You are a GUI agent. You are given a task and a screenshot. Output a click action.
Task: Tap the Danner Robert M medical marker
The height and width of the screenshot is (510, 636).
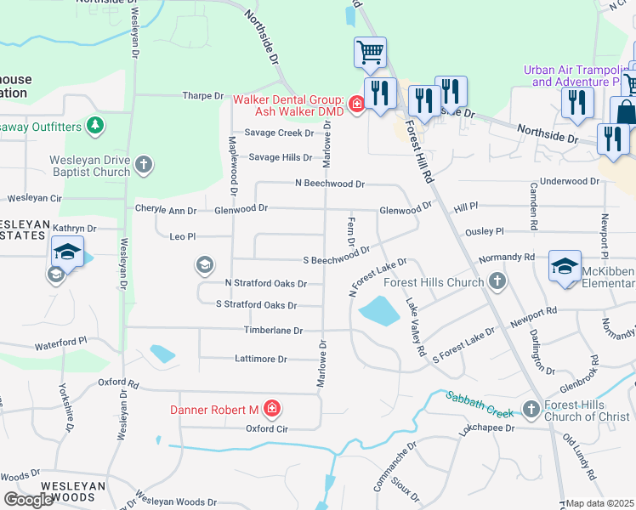pyautogui.click(x=271, y=410)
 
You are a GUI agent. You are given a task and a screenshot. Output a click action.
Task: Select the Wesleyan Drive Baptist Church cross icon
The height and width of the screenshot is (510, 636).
pyautogui.click(x=144, y=163)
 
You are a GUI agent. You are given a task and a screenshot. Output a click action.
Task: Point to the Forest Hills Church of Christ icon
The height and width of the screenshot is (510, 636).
pyautogui.click(x=531, y=409)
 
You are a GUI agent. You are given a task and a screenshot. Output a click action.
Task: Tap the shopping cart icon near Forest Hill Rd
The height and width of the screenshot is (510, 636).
pyautogui.click(x=371, y=53)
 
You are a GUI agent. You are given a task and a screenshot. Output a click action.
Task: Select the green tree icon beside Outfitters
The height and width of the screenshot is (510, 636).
pyautogui.click(x=95, y=127)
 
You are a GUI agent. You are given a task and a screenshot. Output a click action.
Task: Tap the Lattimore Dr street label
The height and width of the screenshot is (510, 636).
pyautogui.click(x=260, y=359)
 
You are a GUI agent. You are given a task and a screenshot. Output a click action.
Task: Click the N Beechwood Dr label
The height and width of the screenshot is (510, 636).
pyautogui.click(x=329, y=183)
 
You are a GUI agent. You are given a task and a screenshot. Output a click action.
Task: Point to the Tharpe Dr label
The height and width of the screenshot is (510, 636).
pyautogui.click(x=202, y=96)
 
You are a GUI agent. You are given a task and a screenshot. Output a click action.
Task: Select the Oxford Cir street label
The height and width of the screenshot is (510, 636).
pyautogui.click(x=268, y=429)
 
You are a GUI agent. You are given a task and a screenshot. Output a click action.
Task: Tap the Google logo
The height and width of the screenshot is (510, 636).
pyautogui.click(x=28, y=500)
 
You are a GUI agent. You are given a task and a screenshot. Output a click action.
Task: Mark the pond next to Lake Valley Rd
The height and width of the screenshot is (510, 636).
pyautogui.click(x=378, y=312)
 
